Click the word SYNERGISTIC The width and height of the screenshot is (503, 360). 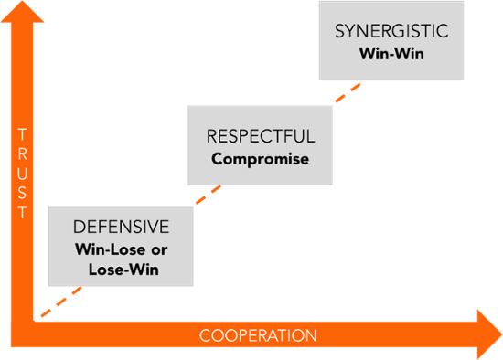[x=391, y=32]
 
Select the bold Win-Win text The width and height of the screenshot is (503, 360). [x=391, y=53]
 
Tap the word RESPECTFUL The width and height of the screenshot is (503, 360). [x=260, y=137]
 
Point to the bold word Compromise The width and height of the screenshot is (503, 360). [x=260, y=159]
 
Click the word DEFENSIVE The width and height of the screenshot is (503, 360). [x=122, y=226]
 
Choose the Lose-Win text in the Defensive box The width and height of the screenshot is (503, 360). [x=122, y=270]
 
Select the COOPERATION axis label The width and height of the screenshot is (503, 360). [x=258, y=335]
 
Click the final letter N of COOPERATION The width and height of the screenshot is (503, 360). [x=311, y=335]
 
